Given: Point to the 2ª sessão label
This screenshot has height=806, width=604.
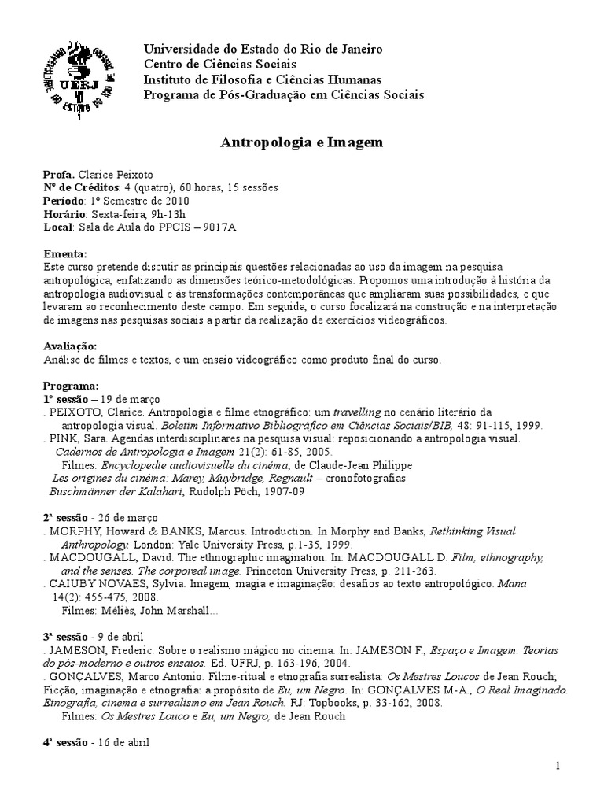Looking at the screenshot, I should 67,519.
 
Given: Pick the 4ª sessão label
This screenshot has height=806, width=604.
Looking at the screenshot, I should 67,741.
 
